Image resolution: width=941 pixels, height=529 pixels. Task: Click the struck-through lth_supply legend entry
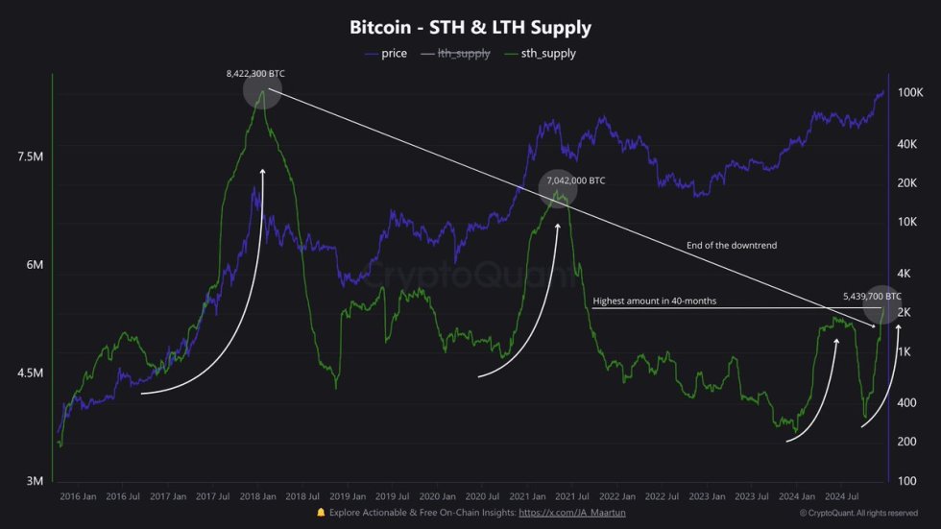(464, 54)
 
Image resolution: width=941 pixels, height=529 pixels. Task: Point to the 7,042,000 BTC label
(575, 180)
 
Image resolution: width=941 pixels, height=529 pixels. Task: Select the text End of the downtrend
(732, 246)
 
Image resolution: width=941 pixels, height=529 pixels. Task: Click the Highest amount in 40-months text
(654, 301)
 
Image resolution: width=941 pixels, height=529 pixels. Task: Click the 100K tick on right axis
(909, 92)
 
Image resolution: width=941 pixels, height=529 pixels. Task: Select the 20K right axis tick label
(907, 183)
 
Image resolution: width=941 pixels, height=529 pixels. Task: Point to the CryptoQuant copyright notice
(857, 514)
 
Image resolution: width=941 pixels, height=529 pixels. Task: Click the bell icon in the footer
(321, 514)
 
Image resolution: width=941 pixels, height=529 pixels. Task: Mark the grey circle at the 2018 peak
(262, 91)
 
